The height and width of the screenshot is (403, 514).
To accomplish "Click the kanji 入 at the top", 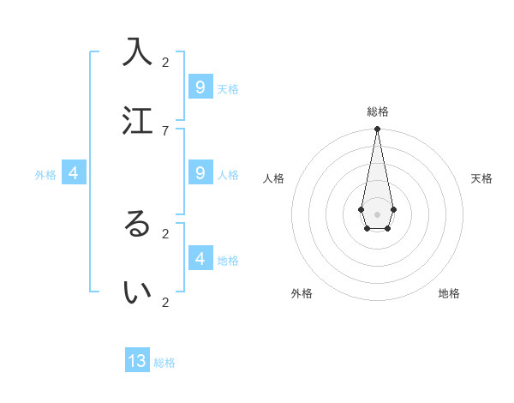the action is click(137, 51).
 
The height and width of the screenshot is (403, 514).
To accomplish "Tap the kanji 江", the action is click(137, 120).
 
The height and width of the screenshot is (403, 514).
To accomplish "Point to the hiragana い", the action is click(137, 292).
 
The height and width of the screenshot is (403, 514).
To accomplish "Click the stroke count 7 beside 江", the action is click(165, 130).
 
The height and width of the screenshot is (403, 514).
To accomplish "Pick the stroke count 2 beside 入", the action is click(165, 62).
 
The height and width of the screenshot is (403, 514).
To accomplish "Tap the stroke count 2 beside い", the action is click(165, 302).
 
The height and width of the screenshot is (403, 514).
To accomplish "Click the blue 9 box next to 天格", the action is click(200, 87).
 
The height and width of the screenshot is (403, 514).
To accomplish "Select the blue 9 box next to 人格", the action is click(200, 173).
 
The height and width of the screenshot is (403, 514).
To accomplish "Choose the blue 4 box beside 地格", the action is click(200, 258).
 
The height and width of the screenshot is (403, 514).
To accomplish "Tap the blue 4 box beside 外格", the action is click(74, 173).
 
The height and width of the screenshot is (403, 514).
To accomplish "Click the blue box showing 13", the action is click(137, 361).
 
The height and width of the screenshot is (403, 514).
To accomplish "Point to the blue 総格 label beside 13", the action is click(164, 363).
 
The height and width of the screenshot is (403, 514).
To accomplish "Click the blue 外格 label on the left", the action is click(45, 175).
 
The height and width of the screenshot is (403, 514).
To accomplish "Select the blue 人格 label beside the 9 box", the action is click(228, 175).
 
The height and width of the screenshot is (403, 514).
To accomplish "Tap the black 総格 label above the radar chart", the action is click(378, 111).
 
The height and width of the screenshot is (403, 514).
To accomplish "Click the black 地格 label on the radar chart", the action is click(449, 293).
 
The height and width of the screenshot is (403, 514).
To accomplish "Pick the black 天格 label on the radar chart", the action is click(481, 178).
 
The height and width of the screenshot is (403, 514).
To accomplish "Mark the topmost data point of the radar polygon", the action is click(377, 129).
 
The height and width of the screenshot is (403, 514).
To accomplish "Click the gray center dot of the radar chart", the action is click(377, 214).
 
